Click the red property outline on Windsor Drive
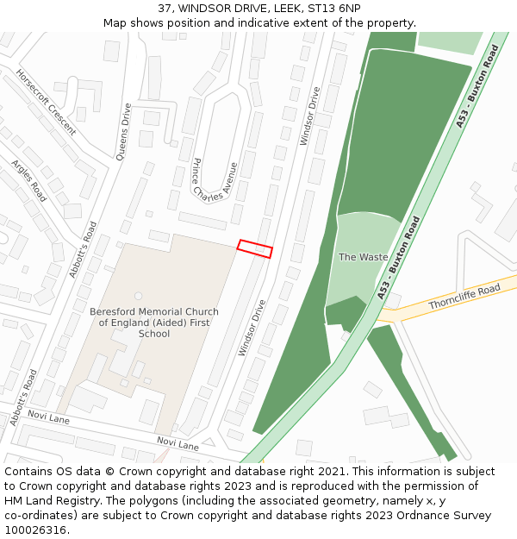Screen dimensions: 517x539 [x=255, y=248]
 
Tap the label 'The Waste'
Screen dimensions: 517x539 [x=363, y=257]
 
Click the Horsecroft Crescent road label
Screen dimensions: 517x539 [x=46, y=103]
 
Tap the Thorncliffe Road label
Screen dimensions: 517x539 [x=464, y=298]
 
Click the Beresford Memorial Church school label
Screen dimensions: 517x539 [x=154, y=323]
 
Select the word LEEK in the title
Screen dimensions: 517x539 [x=288, y=8]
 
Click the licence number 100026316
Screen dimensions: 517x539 [x=37, y=530]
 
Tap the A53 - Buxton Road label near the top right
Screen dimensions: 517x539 [x=477, y=87]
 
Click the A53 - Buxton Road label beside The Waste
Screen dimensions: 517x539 [x=398, y=258]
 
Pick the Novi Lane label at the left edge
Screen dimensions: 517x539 [x=48, y=418]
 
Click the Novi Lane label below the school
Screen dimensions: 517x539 [x=178, y=444]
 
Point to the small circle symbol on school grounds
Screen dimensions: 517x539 [x=138, y=296]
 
